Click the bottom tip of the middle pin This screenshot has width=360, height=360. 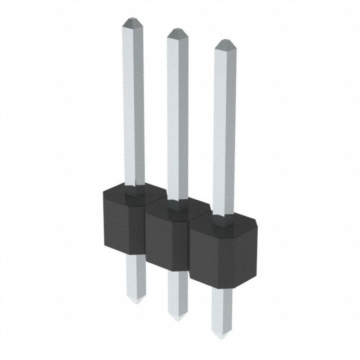pos(178,317)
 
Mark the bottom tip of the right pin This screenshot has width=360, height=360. pos(222,336)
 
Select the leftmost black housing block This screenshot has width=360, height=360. pos(124,222)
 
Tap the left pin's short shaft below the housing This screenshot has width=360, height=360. pos(135,276)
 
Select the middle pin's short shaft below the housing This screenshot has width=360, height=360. pos(178,292)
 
